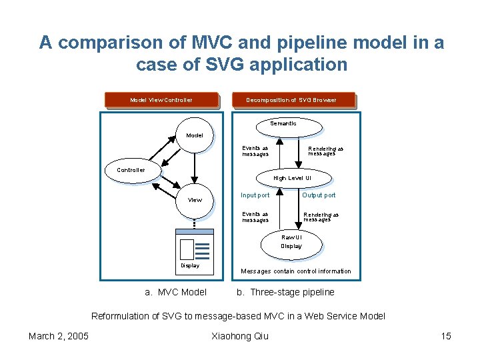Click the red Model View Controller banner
(161, 100)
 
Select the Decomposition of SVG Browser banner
(291, 100)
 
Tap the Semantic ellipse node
(283, 125)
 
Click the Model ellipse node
(195, 135)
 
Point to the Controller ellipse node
(131, 170)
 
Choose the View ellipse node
(195, 200)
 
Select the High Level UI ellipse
(291, 178)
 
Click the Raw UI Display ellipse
(291, 242)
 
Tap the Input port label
(255, 195)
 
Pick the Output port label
(319, 195)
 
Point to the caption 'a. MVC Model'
(176, 292)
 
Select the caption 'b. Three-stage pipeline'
(285, 292)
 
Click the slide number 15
(446, 336)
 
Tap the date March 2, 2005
(59, 336)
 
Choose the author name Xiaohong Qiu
(239, 336)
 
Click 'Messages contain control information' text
(295, 271)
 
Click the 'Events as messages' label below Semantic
(255, 151)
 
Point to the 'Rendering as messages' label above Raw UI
(321, 217)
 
